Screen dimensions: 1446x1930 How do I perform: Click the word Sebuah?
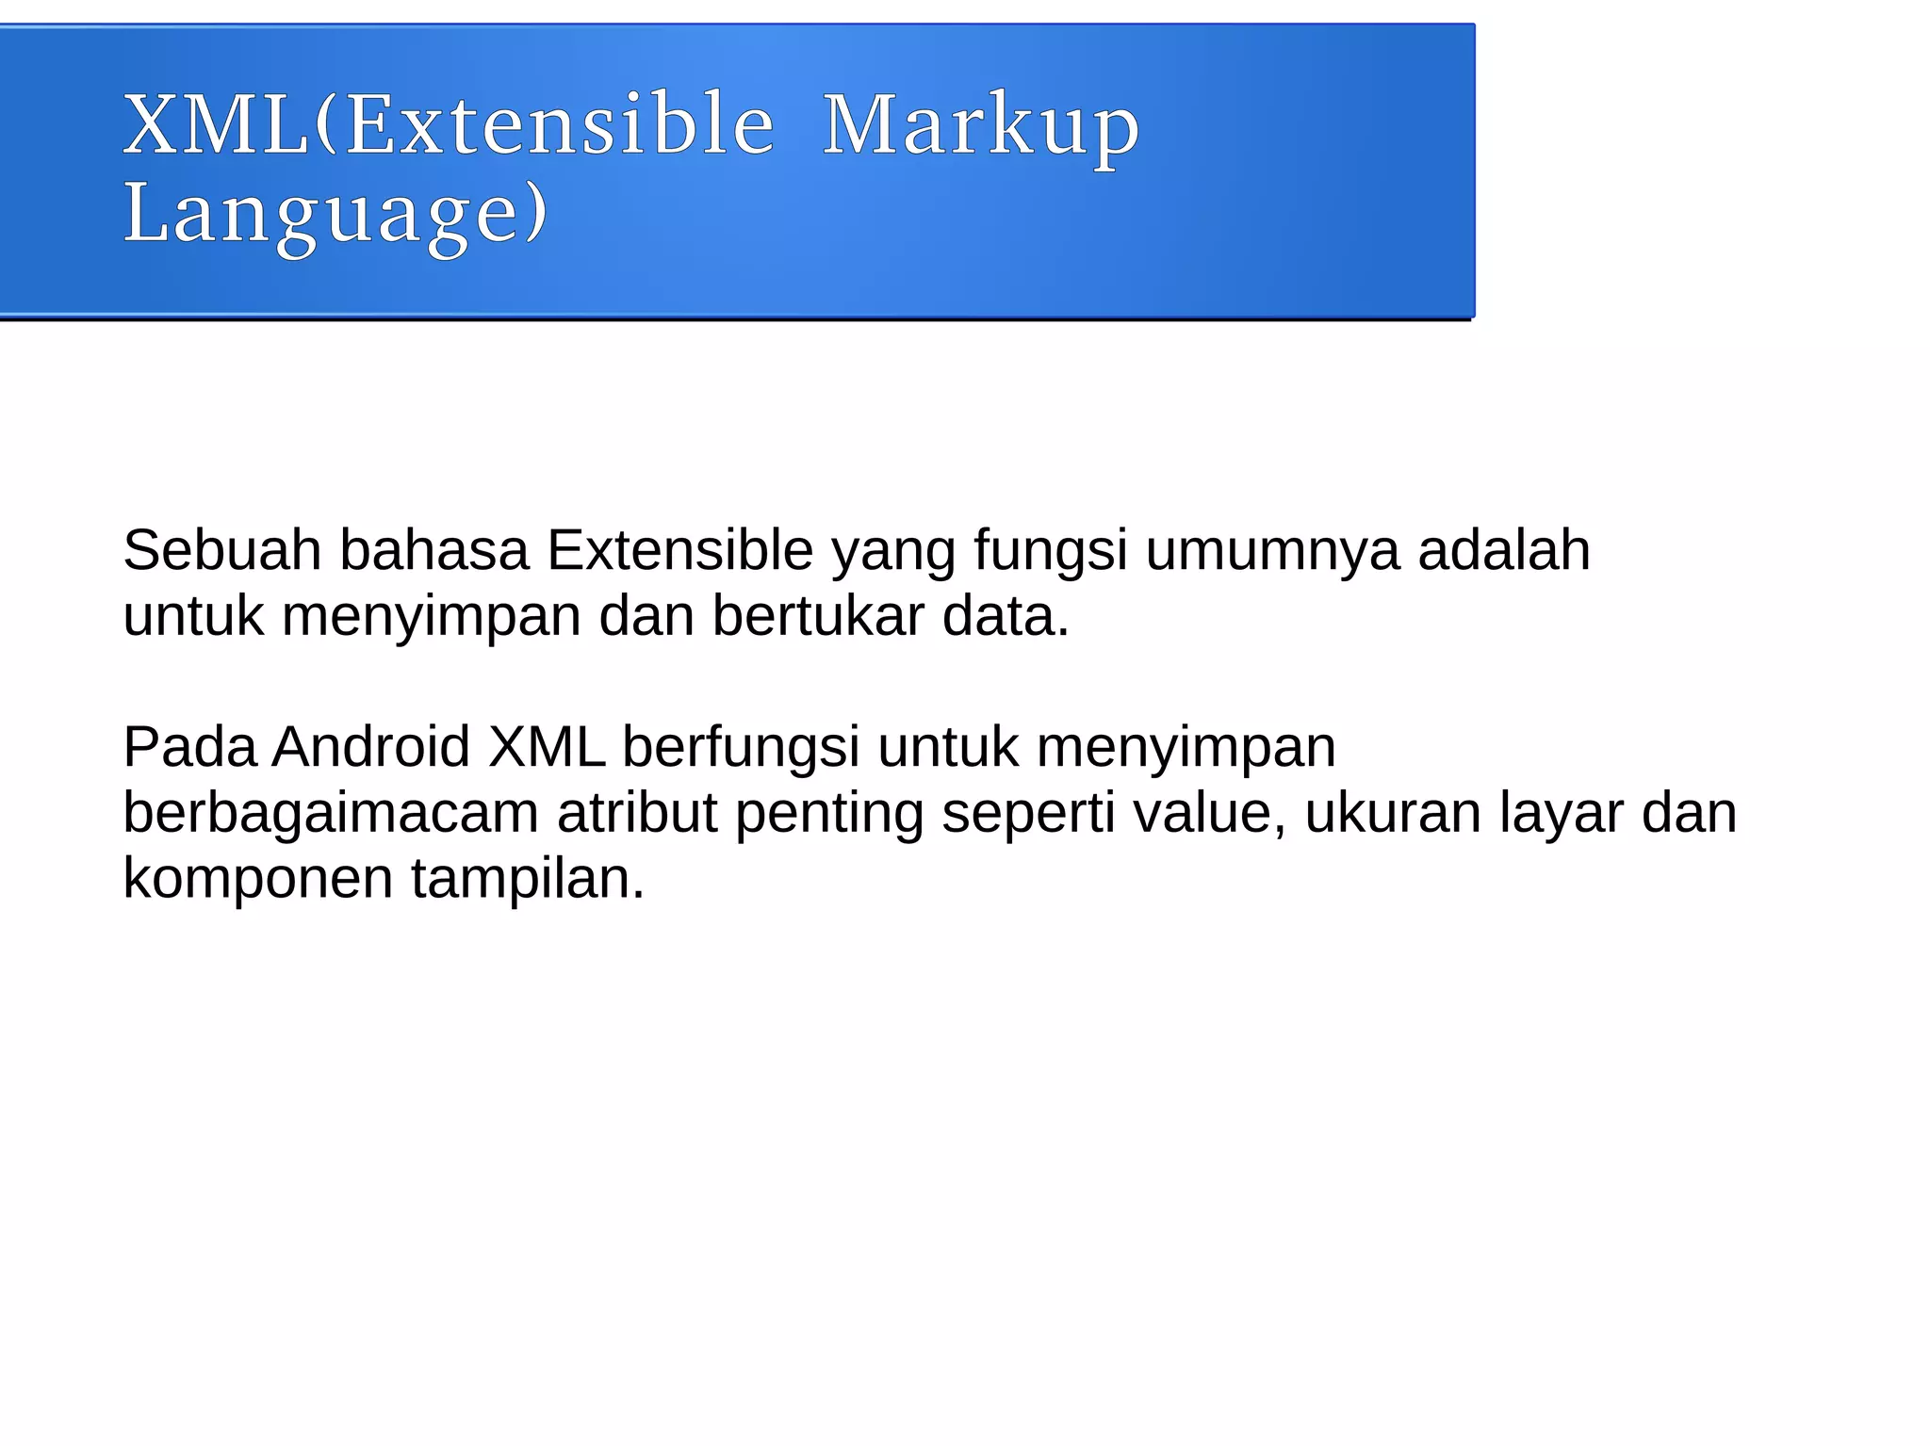[222, 550]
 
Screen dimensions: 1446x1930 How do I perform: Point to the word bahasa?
[433, 550]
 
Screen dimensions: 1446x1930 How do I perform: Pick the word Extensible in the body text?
[679, 550]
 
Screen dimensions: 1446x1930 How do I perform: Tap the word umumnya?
[1272, 552]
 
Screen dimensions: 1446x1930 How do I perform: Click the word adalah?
[1504, 550]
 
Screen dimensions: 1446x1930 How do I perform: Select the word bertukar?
[818, 616]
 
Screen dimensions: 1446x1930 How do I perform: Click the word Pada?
[189, 748]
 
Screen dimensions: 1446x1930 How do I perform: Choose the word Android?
[370, 748]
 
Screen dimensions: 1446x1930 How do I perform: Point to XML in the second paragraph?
[547, 748]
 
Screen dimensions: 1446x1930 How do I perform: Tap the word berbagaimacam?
[331, 814]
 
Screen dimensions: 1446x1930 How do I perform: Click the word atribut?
[637, 814]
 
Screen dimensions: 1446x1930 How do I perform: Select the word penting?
[829, 816]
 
